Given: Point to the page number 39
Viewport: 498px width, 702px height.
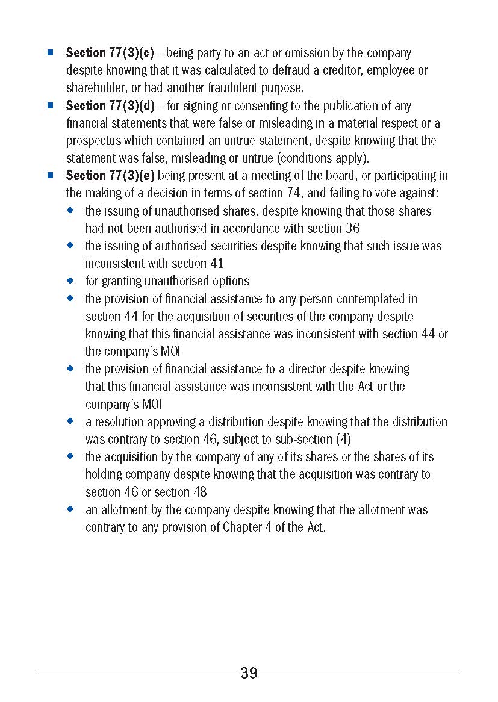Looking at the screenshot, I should pyautogui.click(x=249, y=673).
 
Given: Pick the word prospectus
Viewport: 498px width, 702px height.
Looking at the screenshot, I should pyautogui.click(x=93, y=141).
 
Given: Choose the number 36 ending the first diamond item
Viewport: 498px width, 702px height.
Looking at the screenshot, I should pyautogui.click(x=353, y=229).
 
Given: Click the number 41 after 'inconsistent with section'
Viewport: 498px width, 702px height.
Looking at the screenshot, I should pyautogui.click(x=216, y=264).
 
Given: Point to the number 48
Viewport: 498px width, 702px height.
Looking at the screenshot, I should pyautogui.click(x=198, y=492).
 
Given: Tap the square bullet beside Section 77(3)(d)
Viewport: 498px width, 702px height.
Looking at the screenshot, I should pyautogui.click(x=51, y=105).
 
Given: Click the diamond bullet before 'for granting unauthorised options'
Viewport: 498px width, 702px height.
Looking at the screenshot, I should pyautogui.click(x=70, y=281).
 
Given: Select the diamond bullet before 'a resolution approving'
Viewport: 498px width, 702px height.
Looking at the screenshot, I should pyautogui.click(x=70, y=421).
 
